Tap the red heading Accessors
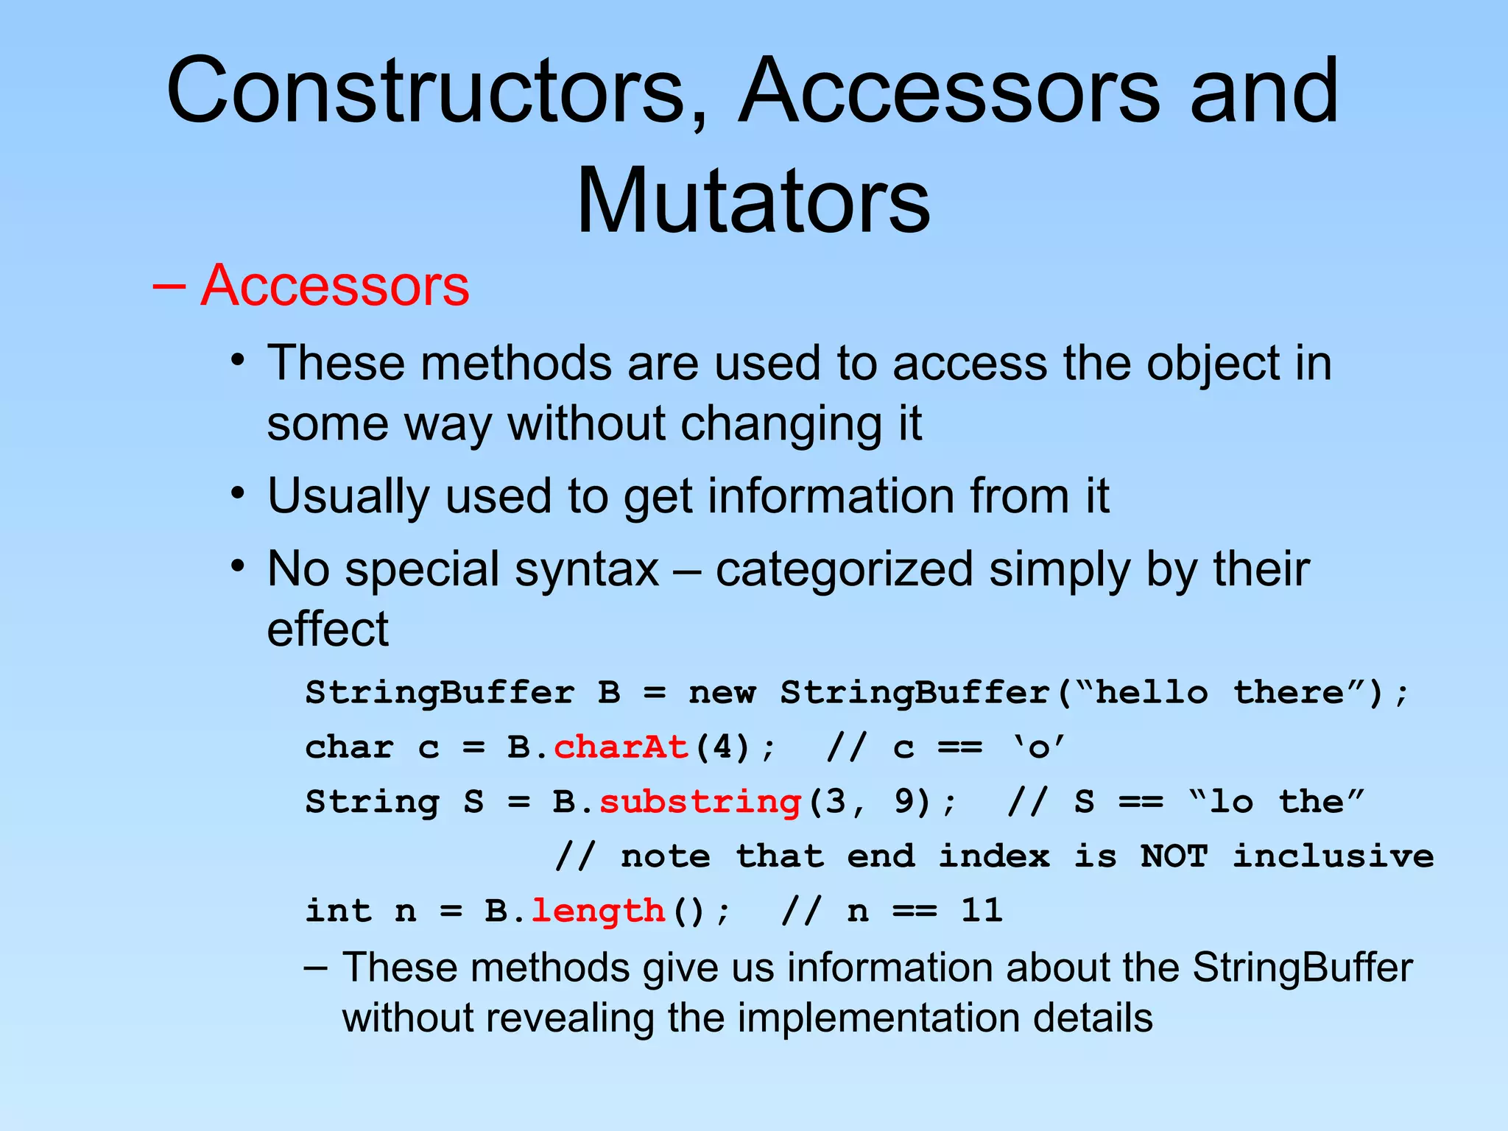pyautogui.click(x=334, y=286)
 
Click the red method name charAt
pyautogui.click(x=621, y=747)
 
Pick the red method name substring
pyautogui.click(x=700, y=802)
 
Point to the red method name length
pyautogui.click(x=598, y=911)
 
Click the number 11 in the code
pyautogui.click(x=982, y=911)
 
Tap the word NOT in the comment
pyautogui.click(x=1174, y=856)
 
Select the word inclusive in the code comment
pyautogui.click(x=1333, y=856)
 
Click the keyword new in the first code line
pyautogui.click(x=722, y=693)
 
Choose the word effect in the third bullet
pyautogui.click(x=328, y=629)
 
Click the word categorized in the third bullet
pyautogui.click(x=844, y=569)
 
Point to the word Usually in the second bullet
pyautogui.click(x=348, y=496)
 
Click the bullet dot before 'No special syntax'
pyautogui.click(x=236, y=566)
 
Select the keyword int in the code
pyautogui.click(x=338, y=911)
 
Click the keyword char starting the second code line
pyautogui.click(x=349, y=747)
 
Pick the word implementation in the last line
pyautogui.click(x=878, y=1018)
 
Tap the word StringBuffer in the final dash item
pyautogui.click(x=1302, y=968)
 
